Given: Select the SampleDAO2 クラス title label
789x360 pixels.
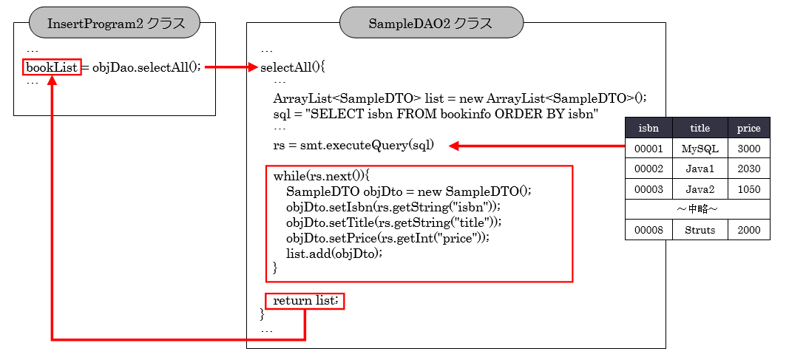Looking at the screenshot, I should pyautogui.click(x=431, y=24).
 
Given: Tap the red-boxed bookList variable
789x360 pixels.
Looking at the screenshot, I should pyautogui.click(x=52, y=67).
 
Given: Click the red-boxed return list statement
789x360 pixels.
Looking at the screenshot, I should pyautogui.click(x=305, y=301).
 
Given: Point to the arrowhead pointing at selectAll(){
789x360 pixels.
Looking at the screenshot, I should pyautogui.click(x=251, y=67).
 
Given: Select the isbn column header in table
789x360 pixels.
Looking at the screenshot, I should pyautogui.click(x=649, y=128).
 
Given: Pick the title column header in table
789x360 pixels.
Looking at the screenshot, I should pyautogui.click(x=700, y=128).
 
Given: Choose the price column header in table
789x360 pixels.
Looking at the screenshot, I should pyautogui.click(x=748, y=128).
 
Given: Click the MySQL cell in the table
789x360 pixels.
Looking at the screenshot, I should pyautogui.click(x=700, y=149).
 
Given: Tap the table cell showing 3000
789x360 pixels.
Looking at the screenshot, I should pyautogui.click(x=748, y=149).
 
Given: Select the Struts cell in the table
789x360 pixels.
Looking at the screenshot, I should pyautogui.click(x=700, y=230).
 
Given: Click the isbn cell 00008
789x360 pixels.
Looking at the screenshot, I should pyautogui.click(x=649, y=230).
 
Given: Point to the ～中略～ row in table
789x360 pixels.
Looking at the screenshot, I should pyautogui.click(x=697, y=209).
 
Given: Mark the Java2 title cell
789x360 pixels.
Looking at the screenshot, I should pyautogui.click(x=700, y=189).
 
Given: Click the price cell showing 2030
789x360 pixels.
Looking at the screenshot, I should pyautogui.click(x=748, y=169).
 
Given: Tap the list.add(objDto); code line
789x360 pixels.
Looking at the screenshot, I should pyautogui.click(x=333, y=254).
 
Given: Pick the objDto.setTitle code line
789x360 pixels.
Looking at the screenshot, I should pyautogui.click(x=393, y=223).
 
